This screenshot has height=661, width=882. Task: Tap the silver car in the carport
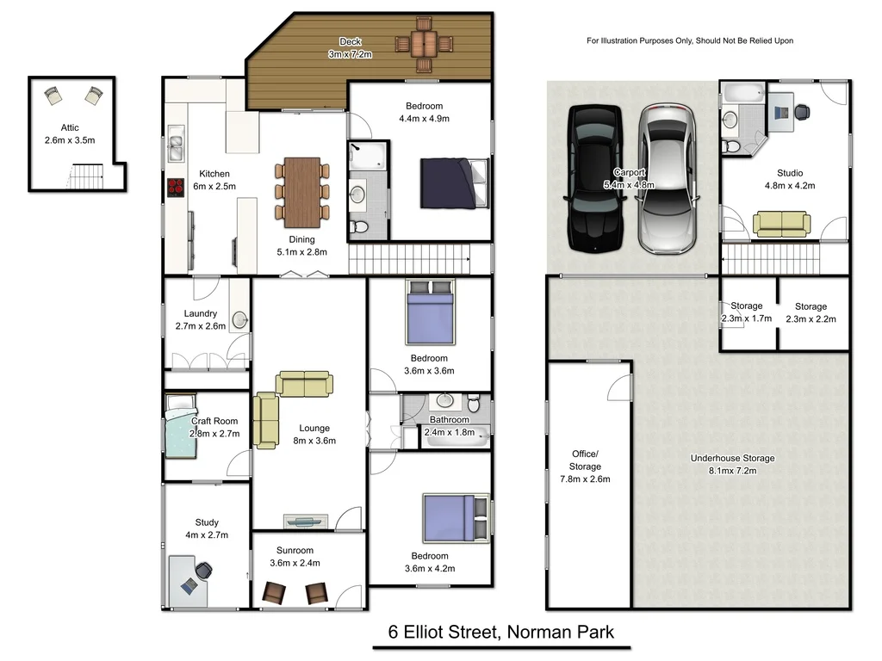point(666,178)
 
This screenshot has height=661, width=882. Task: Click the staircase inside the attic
point(85,178)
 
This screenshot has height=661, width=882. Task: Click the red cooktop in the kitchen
point(175,188)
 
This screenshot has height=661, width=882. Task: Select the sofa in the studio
point(780,223)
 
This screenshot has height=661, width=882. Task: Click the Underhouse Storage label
point(732,459)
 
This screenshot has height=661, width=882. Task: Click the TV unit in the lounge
point(306,520)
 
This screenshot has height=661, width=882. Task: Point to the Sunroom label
point(295,551)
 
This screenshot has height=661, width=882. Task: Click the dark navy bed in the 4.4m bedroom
point(454,182)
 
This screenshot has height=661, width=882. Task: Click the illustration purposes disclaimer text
point(690,40)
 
